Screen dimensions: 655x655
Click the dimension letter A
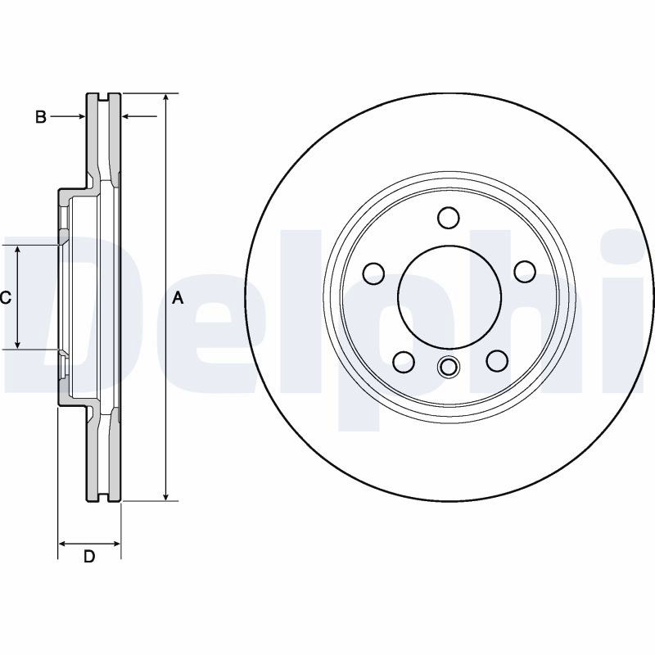tap(178, 298)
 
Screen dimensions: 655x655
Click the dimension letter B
tap(40, 117)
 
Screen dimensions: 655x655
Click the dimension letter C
tap(5, 298)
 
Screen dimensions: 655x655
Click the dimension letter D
tap(89, 557)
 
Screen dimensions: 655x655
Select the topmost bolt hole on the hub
tap(449, 218)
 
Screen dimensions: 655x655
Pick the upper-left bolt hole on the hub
tap(373, 273)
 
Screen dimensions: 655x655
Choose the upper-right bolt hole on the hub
tap(525, 272)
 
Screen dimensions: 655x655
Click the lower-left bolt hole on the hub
tap(404, 361)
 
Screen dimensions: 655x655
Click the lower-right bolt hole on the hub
tap(497, 361)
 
